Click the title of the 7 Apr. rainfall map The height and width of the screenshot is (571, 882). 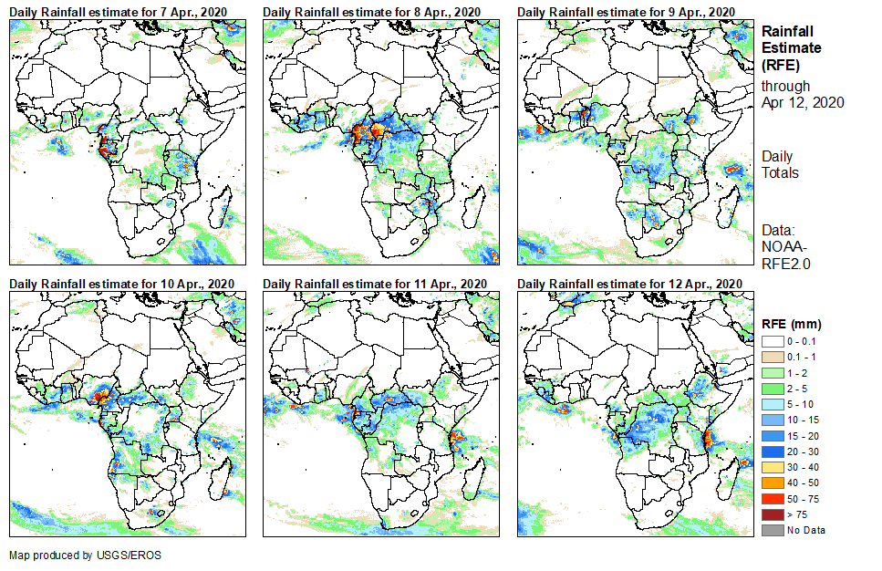coord(119,11)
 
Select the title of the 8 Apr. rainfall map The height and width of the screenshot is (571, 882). coord(372,11)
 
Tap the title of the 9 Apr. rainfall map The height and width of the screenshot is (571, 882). coord(626,11)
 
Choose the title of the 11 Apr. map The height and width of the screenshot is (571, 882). coord(375,284)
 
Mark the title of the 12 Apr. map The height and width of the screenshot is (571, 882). coord(629,284)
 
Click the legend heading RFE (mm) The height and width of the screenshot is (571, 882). coord(792,324)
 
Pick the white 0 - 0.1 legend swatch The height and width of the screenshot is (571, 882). coord(773,340)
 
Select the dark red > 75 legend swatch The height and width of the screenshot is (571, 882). coord(773,515)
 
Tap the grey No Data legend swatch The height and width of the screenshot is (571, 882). coord(773,531)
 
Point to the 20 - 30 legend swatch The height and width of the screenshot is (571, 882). coord(773,452)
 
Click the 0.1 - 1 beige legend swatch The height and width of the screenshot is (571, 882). coord(773,357)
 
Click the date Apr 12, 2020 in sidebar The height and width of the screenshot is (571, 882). coord(802,102)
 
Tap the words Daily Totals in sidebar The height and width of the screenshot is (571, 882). coord(781,165)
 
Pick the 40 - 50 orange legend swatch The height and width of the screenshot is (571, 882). coord(773,483)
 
